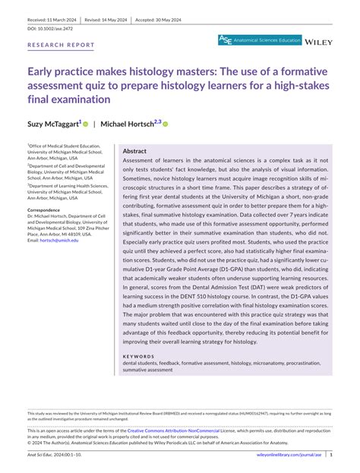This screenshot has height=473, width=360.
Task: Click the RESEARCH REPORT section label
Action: click(62, 45)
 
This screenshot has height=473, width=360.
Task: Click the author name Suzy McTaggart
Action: click(54, 123)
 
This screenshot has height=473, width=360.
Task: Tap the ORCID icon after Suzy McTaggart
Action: click(86, 123)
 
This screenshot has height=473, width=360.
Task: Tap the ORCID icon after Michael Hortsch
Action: click(165, 123)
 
